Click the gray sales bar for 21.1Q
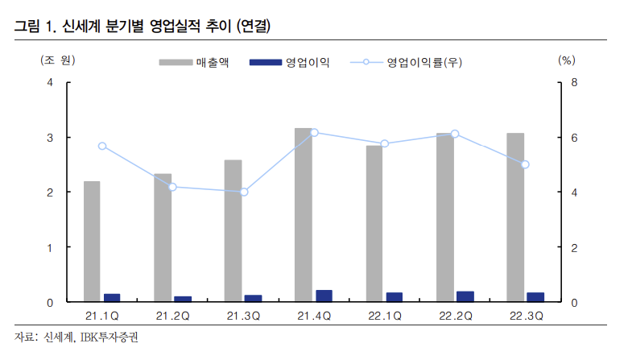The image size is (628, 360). click(x=92, y=242)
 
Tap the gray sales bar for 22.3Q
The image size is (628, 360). click(x=515, y=217)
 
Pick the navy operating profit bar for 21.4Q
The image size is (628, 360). click(x=324, y=296)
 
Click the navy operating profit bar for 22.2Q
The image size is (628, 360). click(x=465, y=296)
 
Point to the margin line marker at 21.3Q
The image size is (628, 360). click(x=244, y=192)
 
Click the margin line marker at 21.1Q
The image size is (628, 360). click(x=102, y=146)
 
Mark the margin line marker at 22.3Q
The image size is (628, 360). click(x=525, y=164)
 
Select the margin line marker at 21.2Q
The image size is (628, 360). click(x=173, y=187)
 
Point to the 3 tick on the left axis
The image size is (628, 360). click(x=50, y=138)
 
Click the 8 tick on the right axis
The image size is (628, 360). click(x=574, y=83)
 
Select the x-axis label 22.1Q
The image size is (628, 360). click(x=384, y=317)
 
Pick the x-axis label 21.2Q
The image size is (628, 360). click(x=172, y=317)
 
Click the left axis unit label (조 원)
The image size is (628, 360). click(x=56, y=60)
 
